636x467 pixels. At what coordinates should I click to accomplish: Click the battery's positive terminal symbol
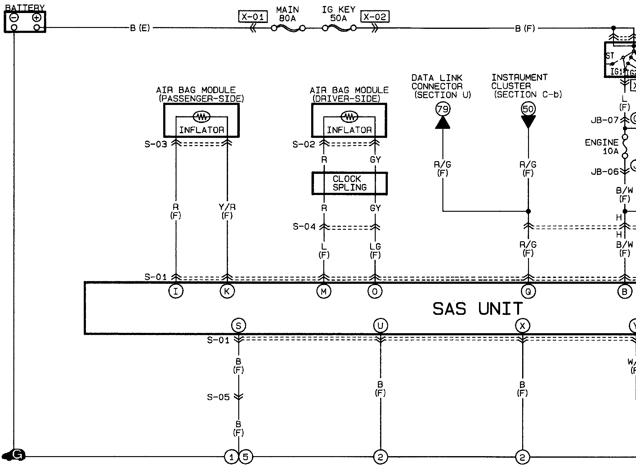(x=37, y=18)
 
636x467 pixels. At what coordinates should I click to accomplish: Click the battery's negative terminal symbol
(x=14, y=18)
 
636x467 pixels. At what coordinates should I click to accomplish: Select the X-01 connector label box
(x=253, y=16)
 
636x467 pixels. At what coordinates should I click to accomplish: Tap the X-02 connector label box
(x=375, y=16)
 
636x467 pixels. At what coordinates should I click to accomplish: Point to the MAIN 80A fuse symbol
(x=288, y=29)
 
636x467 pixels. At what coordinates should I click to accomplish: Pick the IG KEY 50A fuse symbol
(x=339, y=29)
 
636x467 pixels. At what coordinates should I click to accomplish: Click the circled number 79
(x=443, y=109)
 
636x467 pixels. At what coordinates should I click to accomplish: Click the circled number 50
(x=528, y=109)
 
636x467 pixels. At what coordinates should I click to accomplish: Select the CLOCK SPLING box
(x=350, y=184)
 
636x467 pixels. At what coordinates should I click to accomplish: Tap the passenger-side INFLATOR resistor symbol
(x=202, y=117)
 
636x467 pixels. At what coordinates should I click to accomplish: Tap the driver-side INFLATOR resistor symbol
(x=349, y=117)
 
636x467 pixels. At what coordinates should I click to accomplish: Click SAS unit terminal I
(x=176, y=292)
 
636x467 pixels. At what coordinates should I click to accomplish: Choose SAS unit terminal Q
(x=528, y=292)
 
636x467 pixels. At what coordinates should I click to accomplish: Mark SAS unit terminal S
(x=239, y=326)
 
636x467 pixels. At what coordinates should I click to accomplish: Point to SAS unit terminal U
(x=380, y=326)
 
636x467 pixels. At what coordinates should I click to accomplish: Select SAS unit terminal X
(x=522, y=326)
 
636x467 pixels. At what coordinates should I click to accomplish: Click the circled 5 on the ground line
(x=246, y=457)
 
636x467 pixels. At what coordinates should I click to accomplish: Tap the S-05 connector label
(x=218, y=397)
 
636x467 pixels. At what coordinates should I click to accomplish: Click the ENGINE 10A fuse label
(x=602, y=147)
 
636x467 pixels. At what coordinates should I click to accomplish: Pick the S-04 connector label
(x=304, y=227)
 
